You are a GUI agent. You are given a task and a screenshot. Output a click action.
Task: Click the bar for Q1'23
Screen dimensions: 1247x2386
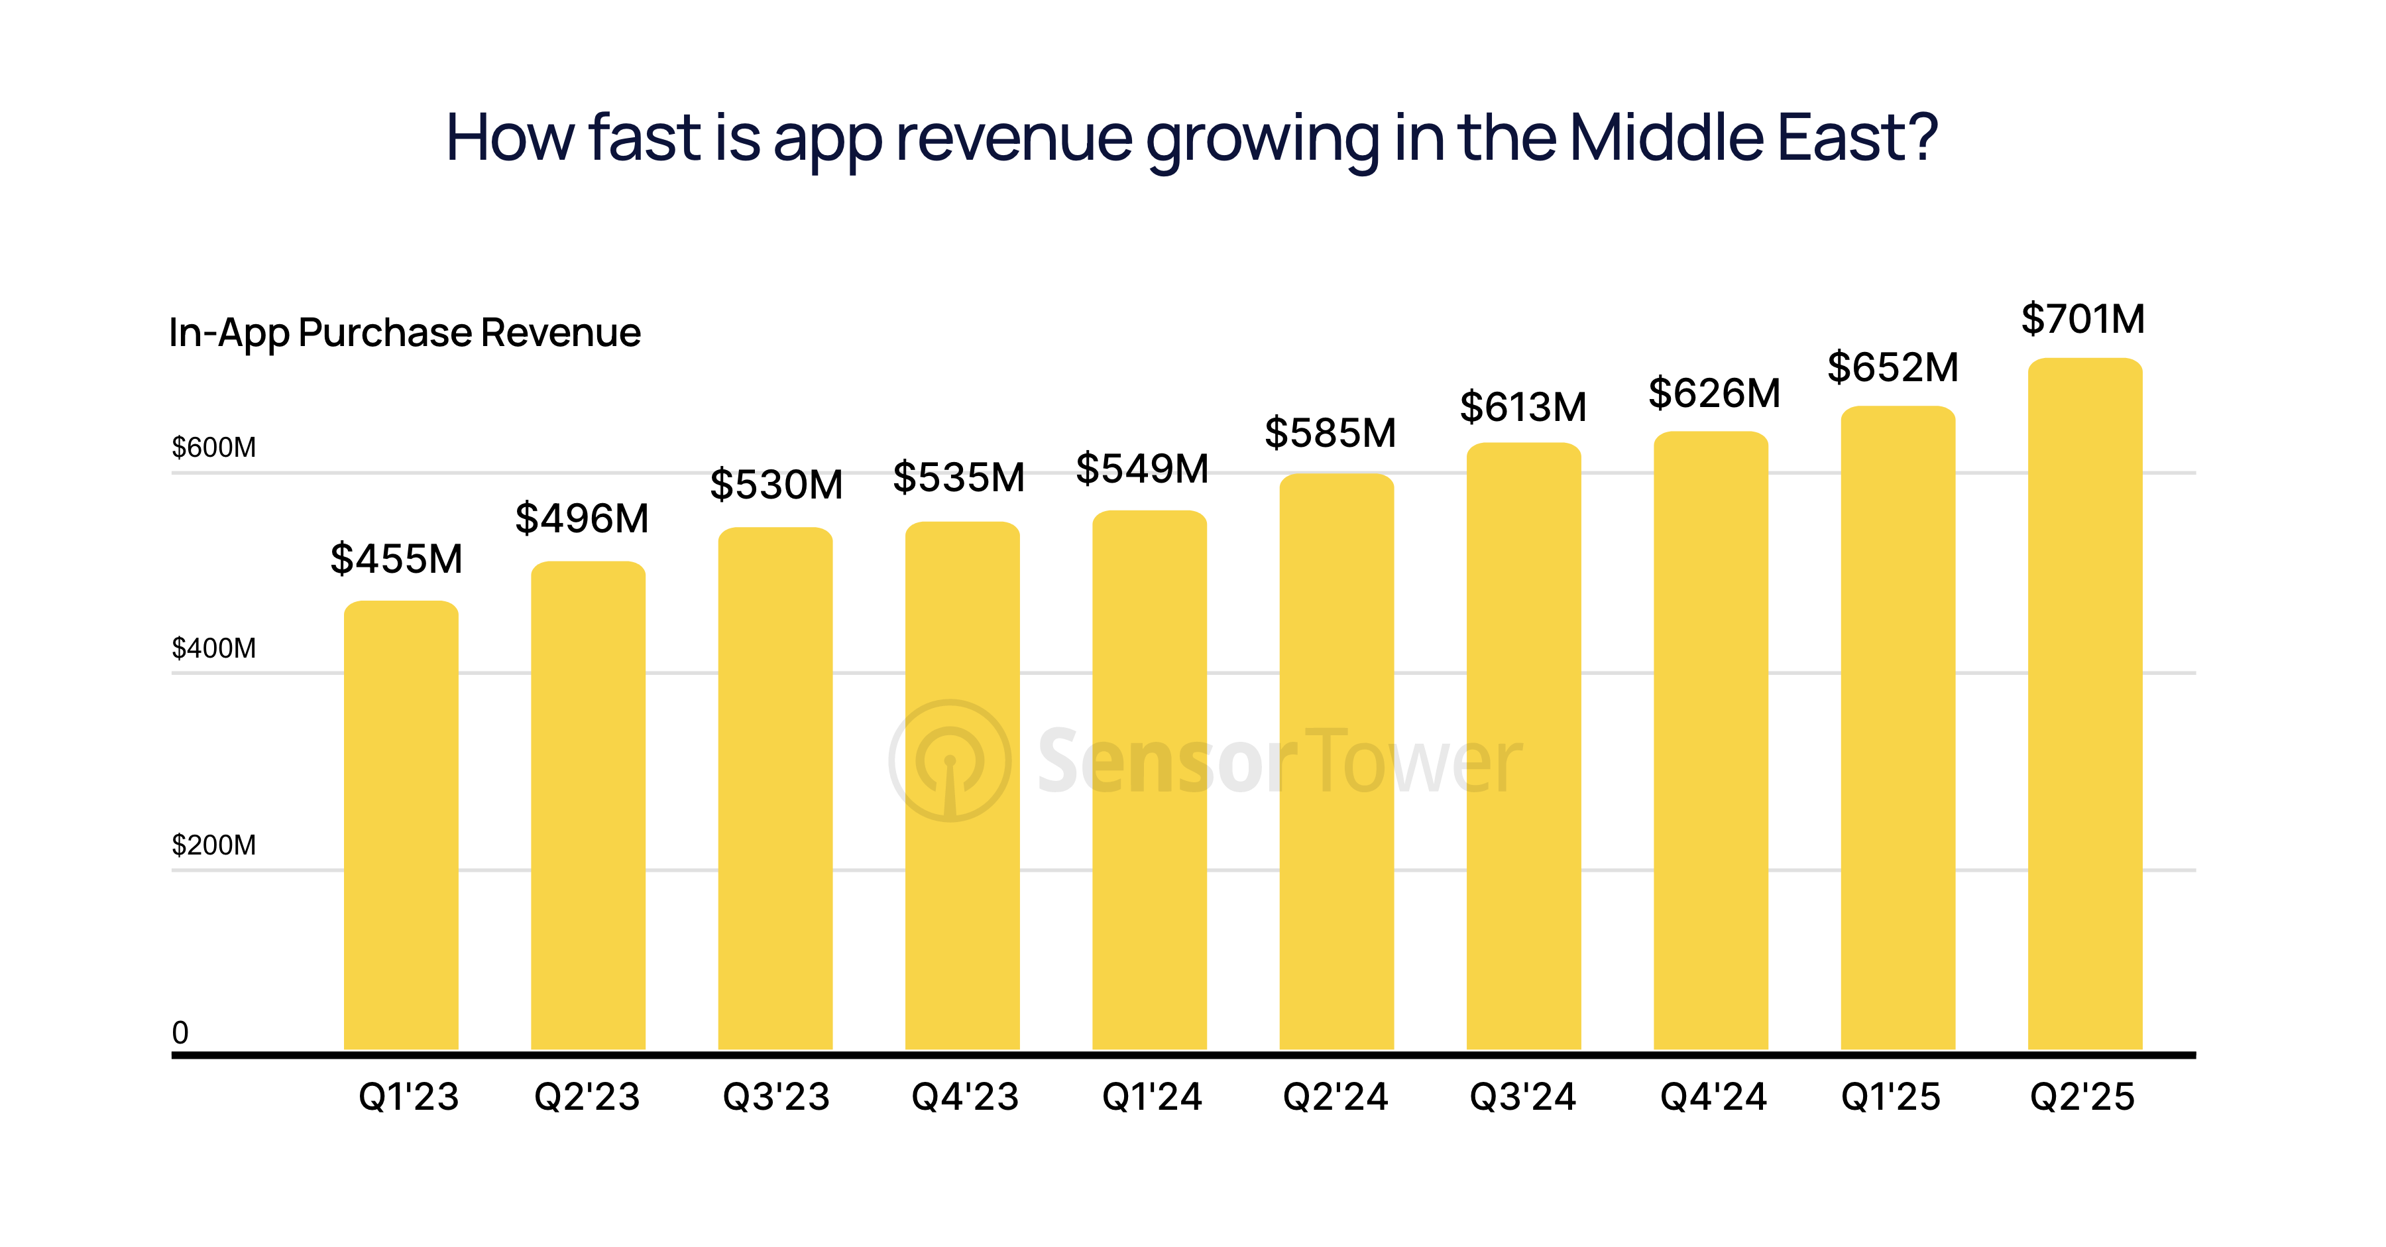pyautogui.click(x=401, y=825)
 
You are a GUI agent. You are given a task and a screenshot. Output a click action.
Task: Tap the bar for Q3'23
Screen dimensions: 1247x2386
pyautogui.click(x=775, y=788)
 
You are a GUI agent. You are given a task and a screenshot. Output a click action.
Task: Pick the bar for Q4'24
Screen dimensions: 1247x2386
pyautogui.click(x=1711, y=741)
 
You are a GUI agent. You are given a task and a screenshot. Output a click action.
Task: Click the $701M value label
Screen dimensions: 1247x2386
pyautogui.click(x=2082, y=320)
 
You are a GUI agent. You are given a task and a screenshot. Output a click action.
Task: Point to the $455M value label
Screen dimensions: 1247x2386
pyautogui.click(x=396, y=559)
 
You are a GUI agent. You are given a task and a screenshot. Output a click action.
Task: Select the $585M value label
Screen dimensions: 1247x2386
pyautogui.click(x=1330, y=433)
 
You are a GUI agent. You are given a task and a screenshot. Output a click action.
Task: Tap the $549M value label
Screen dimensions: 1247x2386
pyautogui.click(x=1142, y=469)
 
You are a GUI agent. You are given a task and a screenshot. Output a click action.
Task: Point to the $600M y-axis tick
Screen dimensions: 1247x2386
pyautogui.click(x=214, y=448)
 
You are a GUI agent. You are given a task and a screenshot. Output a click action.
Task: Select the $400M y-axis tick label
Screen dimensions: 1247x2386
pyautogui.click(x=214, y=648)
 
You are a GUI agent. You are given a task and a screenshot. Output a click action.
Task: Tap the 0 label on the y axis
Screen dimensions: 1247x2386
pyautogui.click(x=181, y=1033)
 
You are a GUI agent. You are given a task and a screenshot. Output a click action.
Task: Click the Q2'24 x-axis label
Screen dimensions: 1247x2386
pyautogui.click(x=1335, y=1098)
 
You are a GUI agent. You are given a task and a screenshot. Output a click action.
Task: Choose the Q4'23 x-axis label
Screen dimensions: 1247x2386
pyautogui.click(x=964, y=1098)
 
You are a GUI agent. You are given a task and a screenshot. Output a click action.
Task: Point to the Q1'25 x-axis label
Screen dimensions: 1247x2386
pyautogui.click(x=1890, y=1098)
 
